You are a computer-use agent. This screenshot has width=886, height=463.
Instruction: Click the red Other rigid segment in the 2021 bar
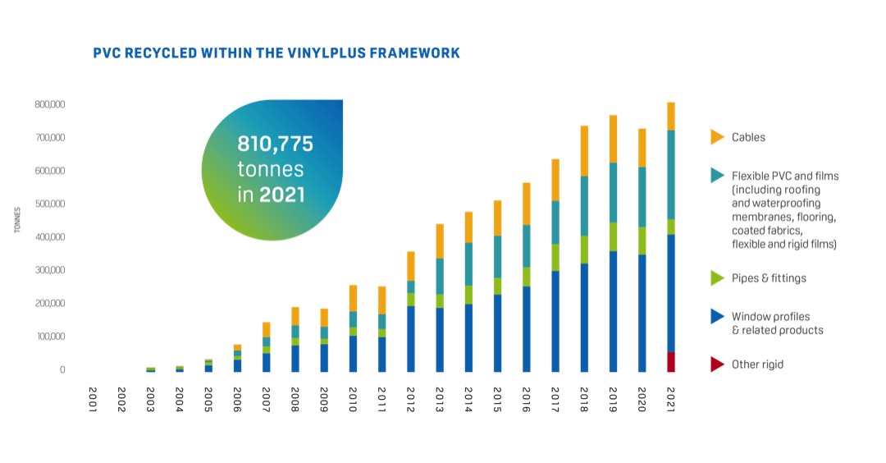[671, 362]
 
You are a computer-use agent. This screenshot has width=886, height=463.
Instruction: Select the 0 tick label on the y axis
[62, 370]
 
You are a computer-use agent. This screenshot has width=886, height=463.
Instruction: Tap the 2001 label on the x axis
[94, 399]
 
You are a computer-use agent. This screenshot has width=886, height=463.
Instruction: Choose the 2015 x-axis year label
[497, 399]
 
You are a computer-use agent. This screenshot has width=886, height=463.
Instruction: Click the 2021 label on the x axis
[671, 399]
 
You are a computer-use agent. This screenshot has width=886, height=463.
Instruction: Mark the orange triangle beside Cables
[717, 137]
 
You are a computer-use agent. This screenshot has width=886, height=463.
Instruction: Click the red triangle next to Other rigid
[717, 364]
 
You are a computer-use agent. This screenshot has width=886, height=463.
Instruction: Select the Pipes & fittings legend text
[769, 278]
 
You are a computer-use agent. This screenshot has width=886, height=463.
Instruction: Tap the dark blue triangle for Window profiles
[717, 316]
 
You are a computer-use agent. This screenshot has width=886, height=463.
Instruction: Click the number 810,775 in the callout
[276, 144]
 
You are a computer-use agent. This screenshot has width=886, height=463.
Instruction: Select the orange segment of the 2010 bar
[353, 298]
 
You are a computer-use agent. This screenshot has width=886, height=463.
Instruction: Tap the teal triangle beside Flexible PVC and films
[717, 176]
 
